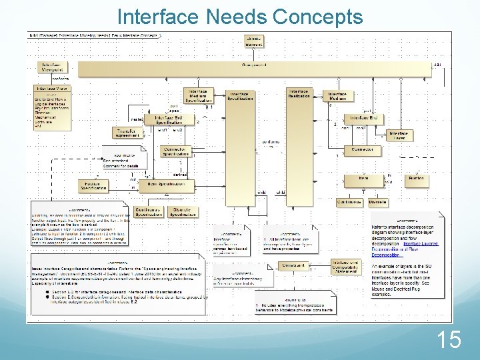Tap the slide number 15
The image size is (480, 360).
click(449, 341)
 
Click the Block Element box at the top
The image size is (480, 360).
click(254, 41)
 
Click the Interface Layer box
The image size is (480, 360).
click(398, 135)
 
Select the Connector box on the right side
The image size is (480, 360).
click(363, 150)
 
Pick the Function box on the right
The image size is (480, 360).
click(416, 179)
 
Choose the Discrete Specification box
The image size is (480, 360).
click(182, 212)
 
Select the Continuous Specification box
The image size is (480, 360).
click(148, 212)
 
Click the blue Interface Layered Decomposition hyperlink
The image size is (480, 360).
click(421, 244)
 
